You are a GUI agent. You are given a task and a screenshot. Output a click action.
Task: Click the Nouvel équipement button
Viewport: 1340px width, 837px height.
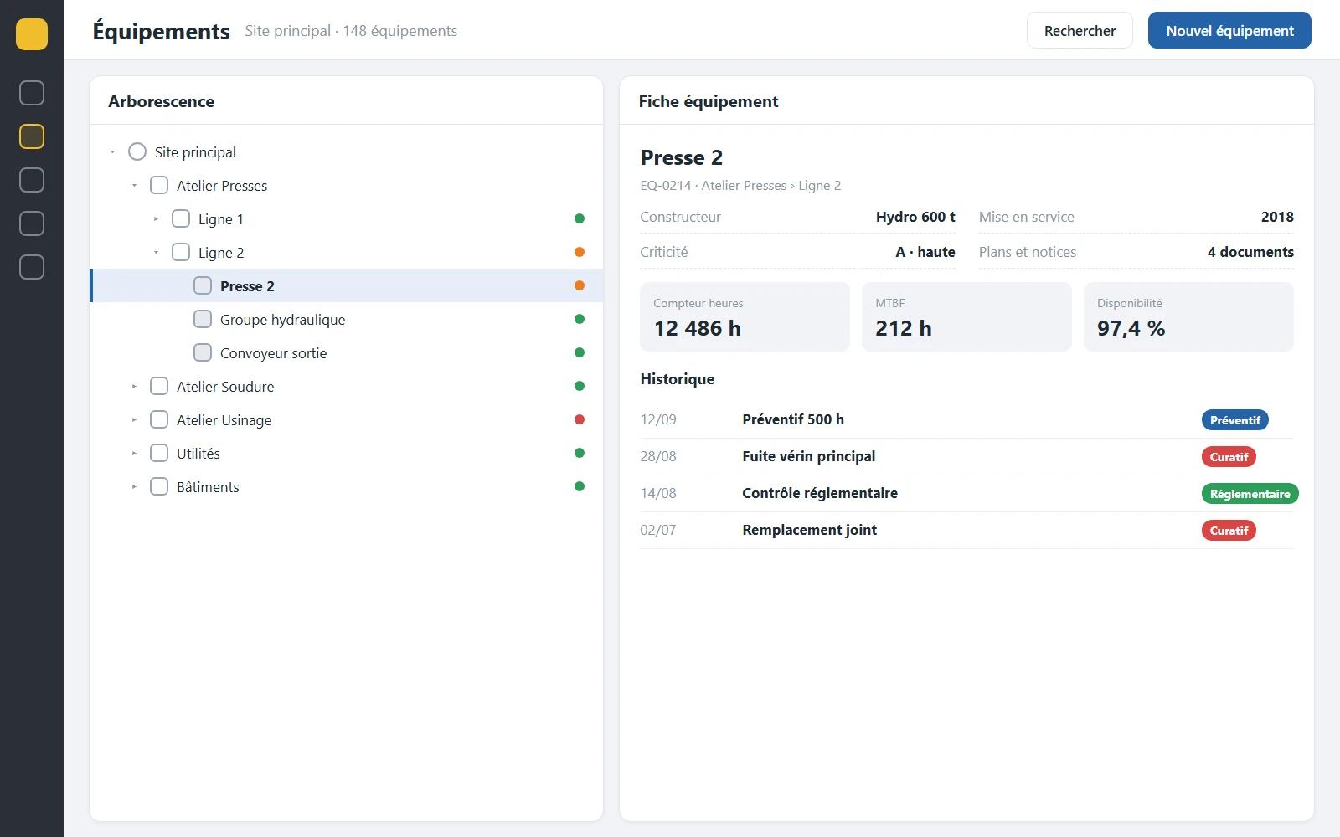point(1229,30)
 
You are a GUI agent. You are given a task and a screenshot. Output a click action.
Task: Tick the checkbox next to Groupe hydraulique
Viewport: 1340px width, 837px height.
point(203,319)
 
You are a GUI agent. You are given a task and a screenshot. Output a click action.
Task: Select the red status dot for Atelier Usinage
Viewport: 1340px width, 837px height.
point(579,419)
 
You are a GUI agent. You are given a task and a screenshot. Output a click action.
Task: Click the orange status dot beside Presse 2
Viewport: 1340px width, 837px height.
point(579,285)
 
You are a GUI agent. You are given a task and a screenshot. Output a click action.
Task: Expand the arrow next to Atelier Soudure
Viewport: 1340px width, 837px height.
point(134,387)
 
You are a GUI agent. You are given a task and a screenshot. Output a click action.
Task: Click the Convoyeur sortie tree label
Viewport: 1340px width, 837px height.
point(273,353)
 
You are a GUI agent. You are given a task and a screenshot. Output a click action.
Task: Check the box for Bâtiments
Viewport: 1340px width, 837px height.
point(159,486)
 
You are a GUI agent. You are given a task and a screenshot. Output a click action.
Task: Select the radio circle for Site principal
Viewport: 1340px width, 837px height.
point(137,151)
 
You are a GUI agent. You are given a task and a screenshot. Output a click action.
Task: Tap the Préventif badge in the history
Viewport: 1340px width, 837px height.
point(1234,420)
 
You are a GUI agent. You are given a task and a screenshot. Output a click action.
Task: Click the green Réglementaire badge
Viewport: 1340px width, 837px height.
point(1250,494)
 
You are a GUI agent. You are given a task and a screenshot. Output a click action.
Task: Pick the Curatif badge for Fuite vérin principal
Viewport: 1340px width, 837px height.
point(1229,457)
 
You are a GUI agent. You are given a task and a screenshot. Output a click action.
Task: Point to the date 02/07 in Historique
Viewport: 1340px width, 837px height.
point(658,531)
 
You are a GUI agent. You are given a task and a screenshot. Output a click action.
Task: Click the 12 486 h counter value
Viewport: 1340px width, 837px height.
point(698,328)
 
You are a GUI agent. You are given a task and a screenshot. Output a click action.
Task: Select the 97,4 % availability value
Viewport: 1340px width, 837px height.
point(1131,328)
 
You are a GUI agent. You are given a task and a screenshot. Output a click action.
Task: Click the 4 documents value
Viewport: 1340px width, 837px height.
point(1250,252)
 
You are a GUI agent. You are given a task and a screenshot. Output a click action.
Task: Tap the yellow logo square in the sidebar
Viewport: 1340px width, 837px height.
point(32,34)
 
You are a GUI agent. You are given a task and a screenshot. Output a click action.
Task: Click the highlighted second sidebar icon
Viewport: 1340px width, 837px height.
point(32,136)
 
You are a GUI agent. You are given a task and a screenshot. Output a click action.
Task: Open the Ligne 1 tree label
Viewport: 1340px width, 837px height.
point(221,219)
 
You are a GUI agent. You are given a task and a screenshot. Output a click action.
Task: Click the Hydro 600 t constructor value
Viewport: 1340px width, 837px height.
point(915,217)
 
